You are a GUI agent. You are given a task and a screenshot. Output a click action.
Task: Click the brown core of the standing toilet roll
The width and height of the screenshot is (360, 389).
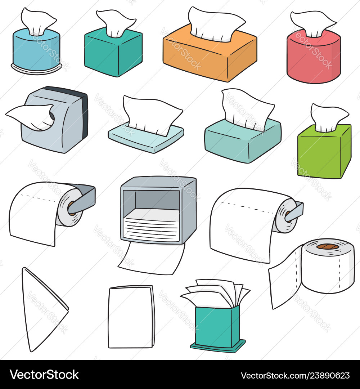328,247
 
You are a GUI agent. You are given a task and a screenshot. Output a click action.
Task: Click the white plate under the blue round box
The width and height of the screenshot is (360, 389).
36,70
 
